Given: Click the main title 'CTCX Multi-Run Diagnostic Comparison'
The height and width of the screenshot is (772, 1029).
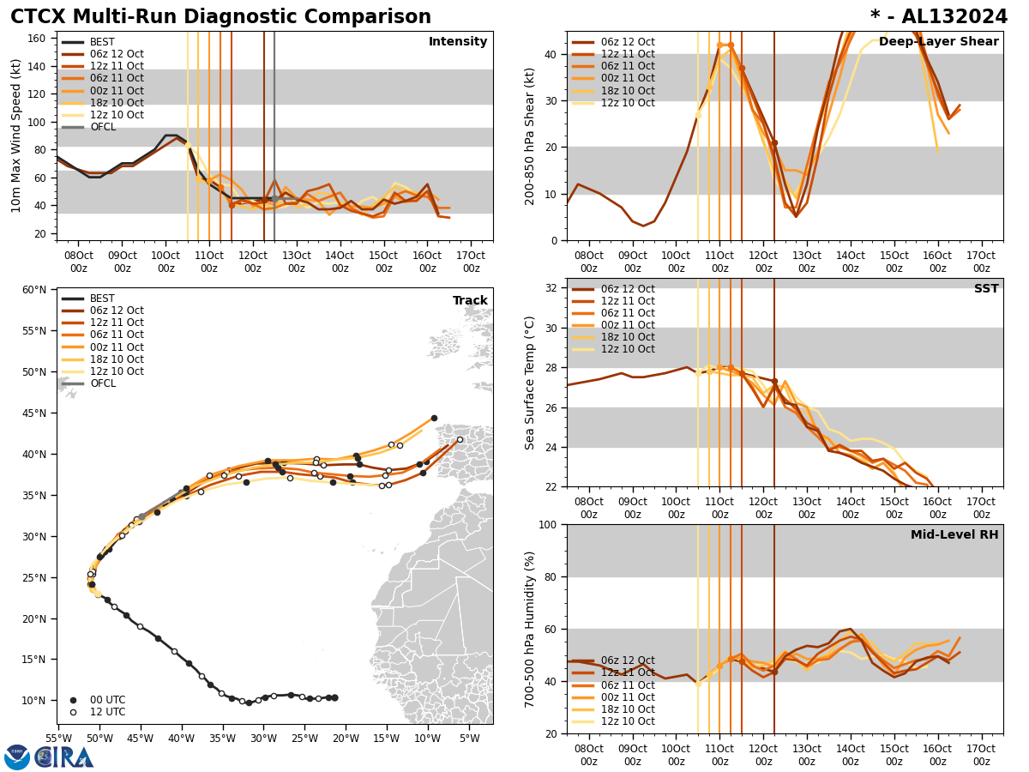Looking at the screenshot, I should click(x=220, y=17).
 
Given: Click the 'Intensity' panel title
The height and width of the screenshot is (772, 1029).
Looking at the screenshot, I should click(x=458, y=42).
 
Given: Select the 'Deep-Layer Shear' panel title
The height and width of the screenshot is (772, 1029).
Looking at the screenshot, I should click(x=938, y=42).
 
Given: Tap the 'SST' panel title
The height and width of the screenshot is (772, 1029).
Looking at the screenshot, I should click(x=986, y=289).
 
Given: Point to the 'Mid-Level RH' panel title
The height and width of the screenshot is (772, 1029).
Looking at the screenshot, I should click(x=954, y=535).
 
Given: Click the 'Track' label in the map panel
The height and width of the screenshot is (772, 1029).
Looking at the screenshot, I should click(x=470, y=301).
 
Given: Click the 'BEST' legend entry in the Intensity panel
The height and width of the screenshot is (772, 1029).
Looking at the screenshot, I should click(x=102, y=42).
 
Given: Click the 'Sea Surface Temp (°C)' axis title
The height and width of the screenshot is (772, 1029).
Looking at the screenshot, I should click(x=530, y=383).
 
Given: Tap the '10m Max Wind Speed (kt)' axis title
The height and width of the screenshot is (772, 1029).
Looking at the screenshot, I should click(x=16, y=136).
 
